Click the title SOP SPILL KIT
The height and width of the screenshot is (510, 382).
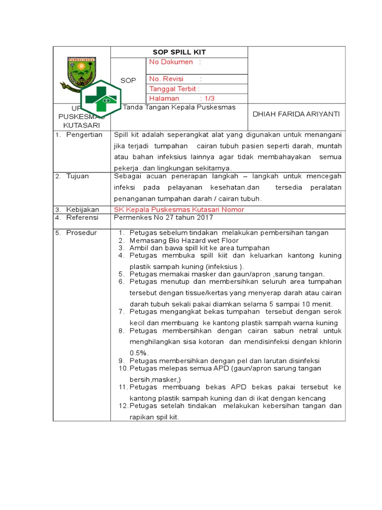click(x=179, y=52)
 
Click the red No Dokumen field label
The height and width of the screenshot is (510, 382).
click(x=171, y=62)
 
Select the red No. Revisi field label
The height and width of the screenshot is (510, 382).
click(x=167, y=79)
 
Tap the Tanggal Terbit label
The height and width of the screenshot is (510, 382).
click(x=174, y=89)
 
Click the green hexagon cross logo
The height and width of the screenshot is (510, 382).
click(x=101, y=98)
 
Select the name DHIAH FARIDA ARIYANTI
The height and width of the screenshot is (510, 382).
click(x=296, y=114)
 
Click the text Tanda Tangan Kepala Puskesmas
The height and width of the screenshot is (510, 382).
click(x=179, y=107)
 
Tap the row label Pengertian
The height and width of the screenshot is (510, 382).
click(x=84, y=135)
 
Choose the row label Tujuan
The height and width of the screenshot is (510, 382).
click(x=78, y=176)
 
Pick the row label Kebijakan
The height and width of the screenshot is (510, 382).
click(x=83, y=210)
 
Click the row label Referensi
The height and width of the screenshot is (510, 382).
click(x=83, y=218)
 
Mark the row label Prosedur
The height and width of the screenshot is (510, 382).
click(x=82, y=233)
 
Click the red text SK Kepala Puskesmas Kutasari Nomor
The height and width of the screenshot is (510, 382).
click(x=179, y=210)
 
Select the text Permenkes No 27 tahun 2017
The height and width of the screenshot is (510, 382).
click(x=164, y=218)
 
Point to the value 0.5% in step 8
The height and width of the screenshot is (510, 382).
click(x=139, y=353)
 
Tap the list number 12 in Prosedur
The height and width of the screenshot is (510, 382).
click(x=123, y=406)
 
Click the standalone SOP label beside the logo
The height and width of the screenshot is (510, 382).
click(x=128, y=80)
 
